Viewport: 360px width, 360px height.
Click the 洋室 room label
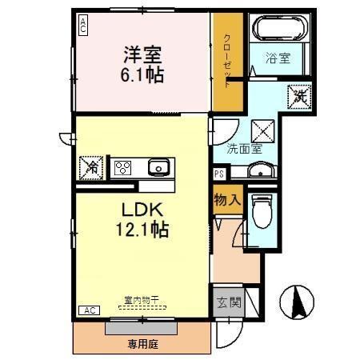click(142, 55)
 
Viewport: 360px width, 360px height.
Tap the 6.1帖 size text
click(142, 76)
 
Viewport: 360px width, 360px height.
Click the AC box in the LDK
click(89, 310)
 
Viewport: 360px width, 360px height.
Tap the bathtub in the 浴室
click(277, 30)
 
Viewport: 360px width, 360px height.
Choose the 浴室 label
click(277, 58)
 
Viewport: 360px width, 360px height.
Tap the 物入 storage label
click(226, 200)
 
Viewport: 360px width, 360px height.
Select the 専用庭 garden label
click(143, 344)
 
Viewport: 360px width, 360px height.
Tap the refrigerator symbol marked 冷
click(91, 168)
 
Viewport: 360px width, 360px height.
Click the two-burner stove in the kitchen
click(124, 168)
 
